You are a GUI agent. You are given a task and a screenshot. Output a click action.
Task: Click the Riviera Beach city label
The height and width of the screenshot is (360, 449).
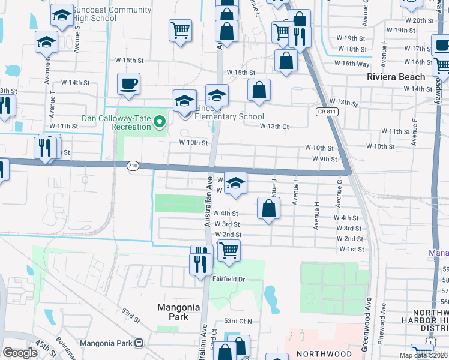[396, 77]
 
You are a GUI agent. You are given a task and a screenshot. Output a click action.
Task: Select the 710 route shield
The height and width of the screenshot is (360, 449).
[133, 166]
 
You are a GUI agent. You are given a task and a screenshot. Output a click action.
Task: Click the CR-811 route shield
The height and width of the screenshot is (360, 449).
[325, 112]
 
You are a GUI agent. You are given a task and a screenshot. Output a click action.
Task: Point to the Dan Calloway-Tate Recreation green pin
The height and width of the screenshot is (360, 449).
[160, 122]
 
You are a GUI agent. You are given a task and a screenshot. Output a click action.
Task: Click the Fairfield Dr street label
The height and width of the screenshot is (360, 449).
[229, 279]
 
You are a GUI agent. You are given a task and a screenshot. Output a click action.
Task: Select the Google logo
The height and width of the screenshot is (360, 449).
[20, 353]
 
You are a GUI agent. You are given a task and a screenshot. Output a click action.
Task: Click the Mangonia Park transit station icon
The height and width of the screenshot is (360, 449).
[139, 344]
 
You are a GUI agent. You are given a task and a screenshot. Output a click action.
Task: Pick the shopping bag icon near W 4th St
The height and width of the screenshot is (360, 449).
[269, 208]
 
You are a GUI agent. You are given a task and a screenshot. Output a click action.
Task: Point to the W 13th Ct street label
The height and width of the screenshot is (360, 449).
[274, 126]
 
